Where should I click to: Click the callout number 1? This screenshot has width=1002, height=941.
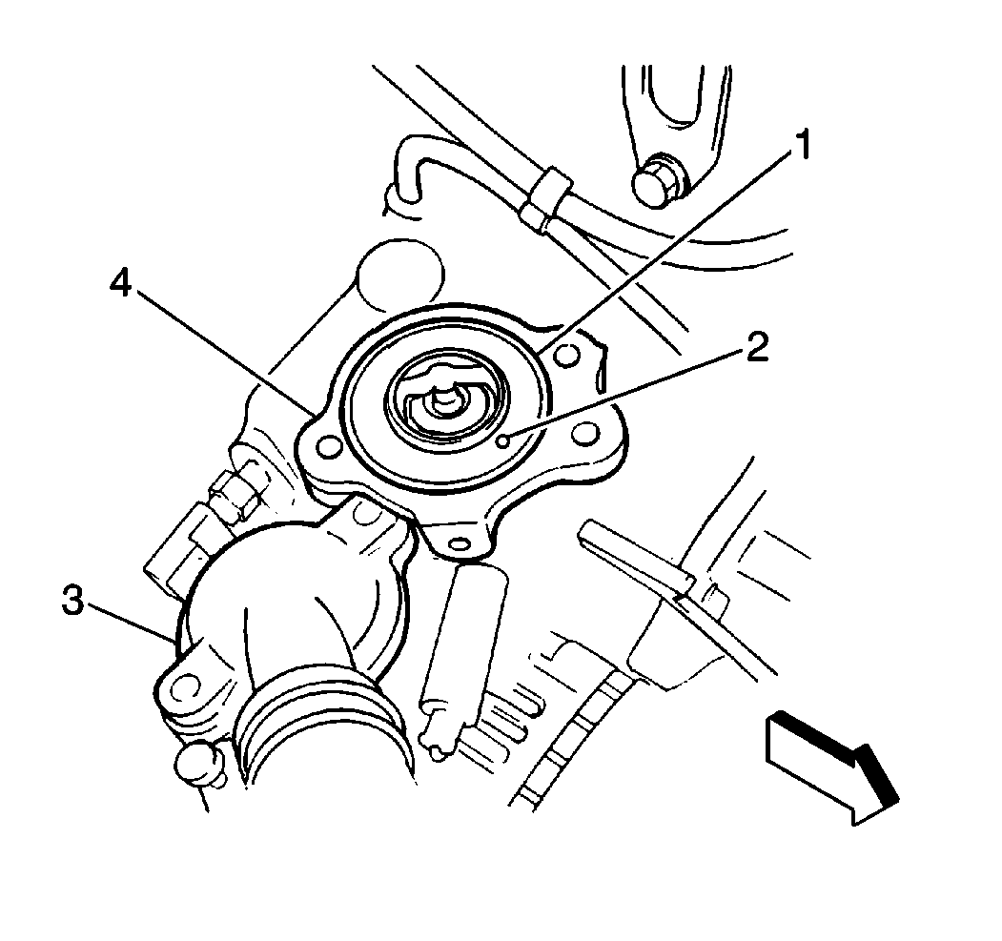click(797, 144)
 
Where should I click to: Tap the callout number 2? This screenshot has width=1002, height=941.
click(757, 347)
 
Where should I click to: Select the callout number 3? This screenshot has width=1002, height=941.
click(72, 601)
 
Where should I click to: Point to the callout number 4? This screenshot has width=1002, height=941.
click(120, 281)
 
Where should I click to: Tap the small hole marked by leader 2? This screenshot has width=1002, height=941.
click(503, 440)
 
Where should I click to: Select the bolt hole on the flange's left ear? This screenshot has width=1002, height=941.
click(329, 446)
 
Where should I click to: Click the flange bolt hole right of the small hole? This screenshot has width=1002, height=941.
click(584, 433)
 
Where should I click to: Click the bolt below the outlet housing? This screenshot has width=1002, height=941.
click(199, 765)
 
